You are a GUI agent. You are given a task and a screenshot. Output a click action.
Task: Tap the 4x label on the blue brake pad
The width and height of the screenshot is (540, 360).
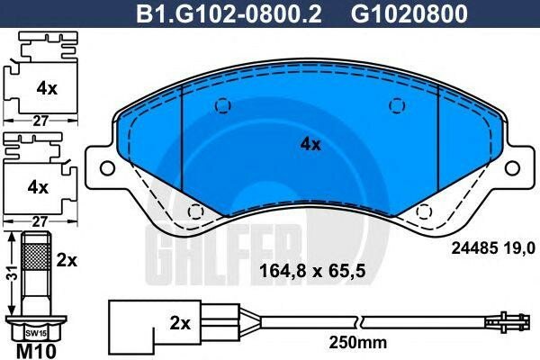click(x=310, y=144)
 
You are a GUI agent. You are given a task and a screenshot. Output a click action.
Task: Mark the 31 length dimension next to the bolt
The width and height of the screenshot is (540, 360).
click(x=8, y=276)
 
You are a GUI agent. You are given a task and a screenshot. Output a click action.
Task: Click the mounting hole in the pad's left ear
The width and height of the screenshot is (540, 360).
click(x=106, y=167)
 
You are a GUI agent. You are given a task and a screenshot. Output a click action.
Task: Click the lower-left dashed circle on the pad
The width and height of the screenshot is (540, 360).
click(x=193, y=211)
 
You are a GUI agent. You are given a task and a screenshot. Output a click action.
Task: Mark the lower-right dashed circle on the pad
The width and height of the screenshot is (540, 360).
click(x=424, y=211)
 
